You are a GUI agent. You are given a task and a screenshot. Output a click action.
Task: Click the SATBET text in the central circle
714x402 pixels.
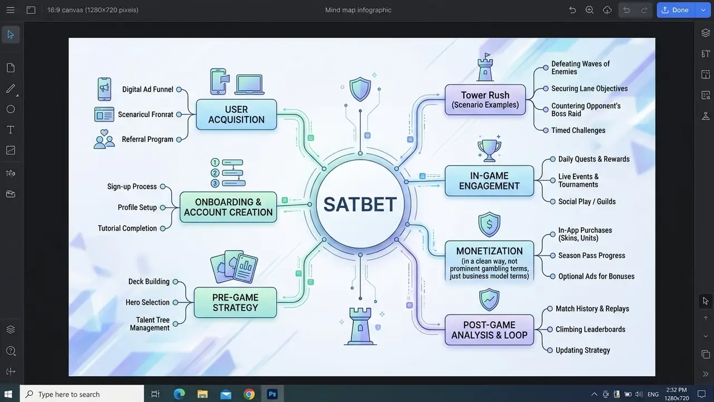(360, 204)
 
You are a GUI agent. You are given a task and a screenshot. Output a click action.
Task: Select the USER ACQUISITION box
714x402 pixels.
(236, 114)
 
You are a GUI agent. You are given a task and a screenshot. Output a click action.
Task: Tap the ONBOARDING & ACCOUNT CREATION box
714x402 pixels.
(228, 207)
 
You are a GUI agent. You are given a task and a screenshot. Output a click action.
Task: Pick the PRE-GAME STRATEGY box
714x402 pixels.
(235, 303)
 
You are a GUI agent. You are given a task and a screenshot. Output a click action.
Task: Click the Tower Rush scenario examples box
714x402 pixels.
(485, 99)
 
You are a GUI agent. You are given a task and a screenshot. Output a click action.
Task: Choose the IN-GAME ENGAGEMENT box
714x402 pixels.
(489, 180)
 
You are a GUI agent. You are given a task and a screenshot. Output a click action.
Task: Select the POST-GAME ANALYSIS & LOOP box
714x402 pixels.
(489, 330)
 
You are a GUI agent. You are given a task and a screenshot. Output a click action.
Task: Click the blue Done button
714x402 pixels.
(676, 10)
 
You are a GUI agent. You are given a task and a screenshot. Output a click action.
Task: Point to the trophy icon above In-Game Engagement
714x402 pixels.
(489, 149)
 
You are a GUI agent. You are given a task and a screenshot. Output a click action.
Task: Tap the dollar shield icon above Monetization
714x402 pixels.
(489, 224)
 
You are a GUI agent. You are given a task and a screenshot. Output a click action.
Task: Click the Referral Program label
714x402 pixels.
(147, 140)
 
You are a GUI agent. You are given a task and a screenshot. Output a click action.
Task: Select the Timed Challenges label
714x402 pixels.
(578, 131)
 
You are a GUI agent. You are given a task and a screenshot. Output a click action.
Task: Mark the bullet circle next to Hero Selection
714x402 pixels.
(175, 303)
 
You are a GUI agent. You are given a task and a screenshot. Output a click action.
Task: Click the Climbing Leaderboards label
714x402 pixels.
(590, 329)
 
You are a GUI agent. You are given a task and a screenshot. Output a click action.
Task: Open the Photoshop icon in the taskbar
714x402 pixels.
(272, 394)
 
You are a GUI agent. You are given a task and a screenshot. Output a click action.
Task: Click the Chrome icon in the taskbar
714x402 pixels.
(249, 394)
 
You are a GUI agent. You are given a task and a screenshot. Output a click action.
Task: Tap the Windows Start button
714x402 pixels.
(8, 394)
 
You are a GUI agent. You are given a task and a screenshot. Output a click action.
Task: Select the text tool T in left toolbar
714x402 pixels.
(11, 130)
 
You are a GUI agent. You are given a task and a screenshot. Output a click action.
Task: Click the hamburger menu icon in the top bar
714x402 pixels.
(11, 10)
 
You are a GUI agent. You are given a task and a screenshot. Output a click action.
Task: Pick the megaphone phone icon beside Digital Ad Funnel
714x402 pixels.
(104, 89)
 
